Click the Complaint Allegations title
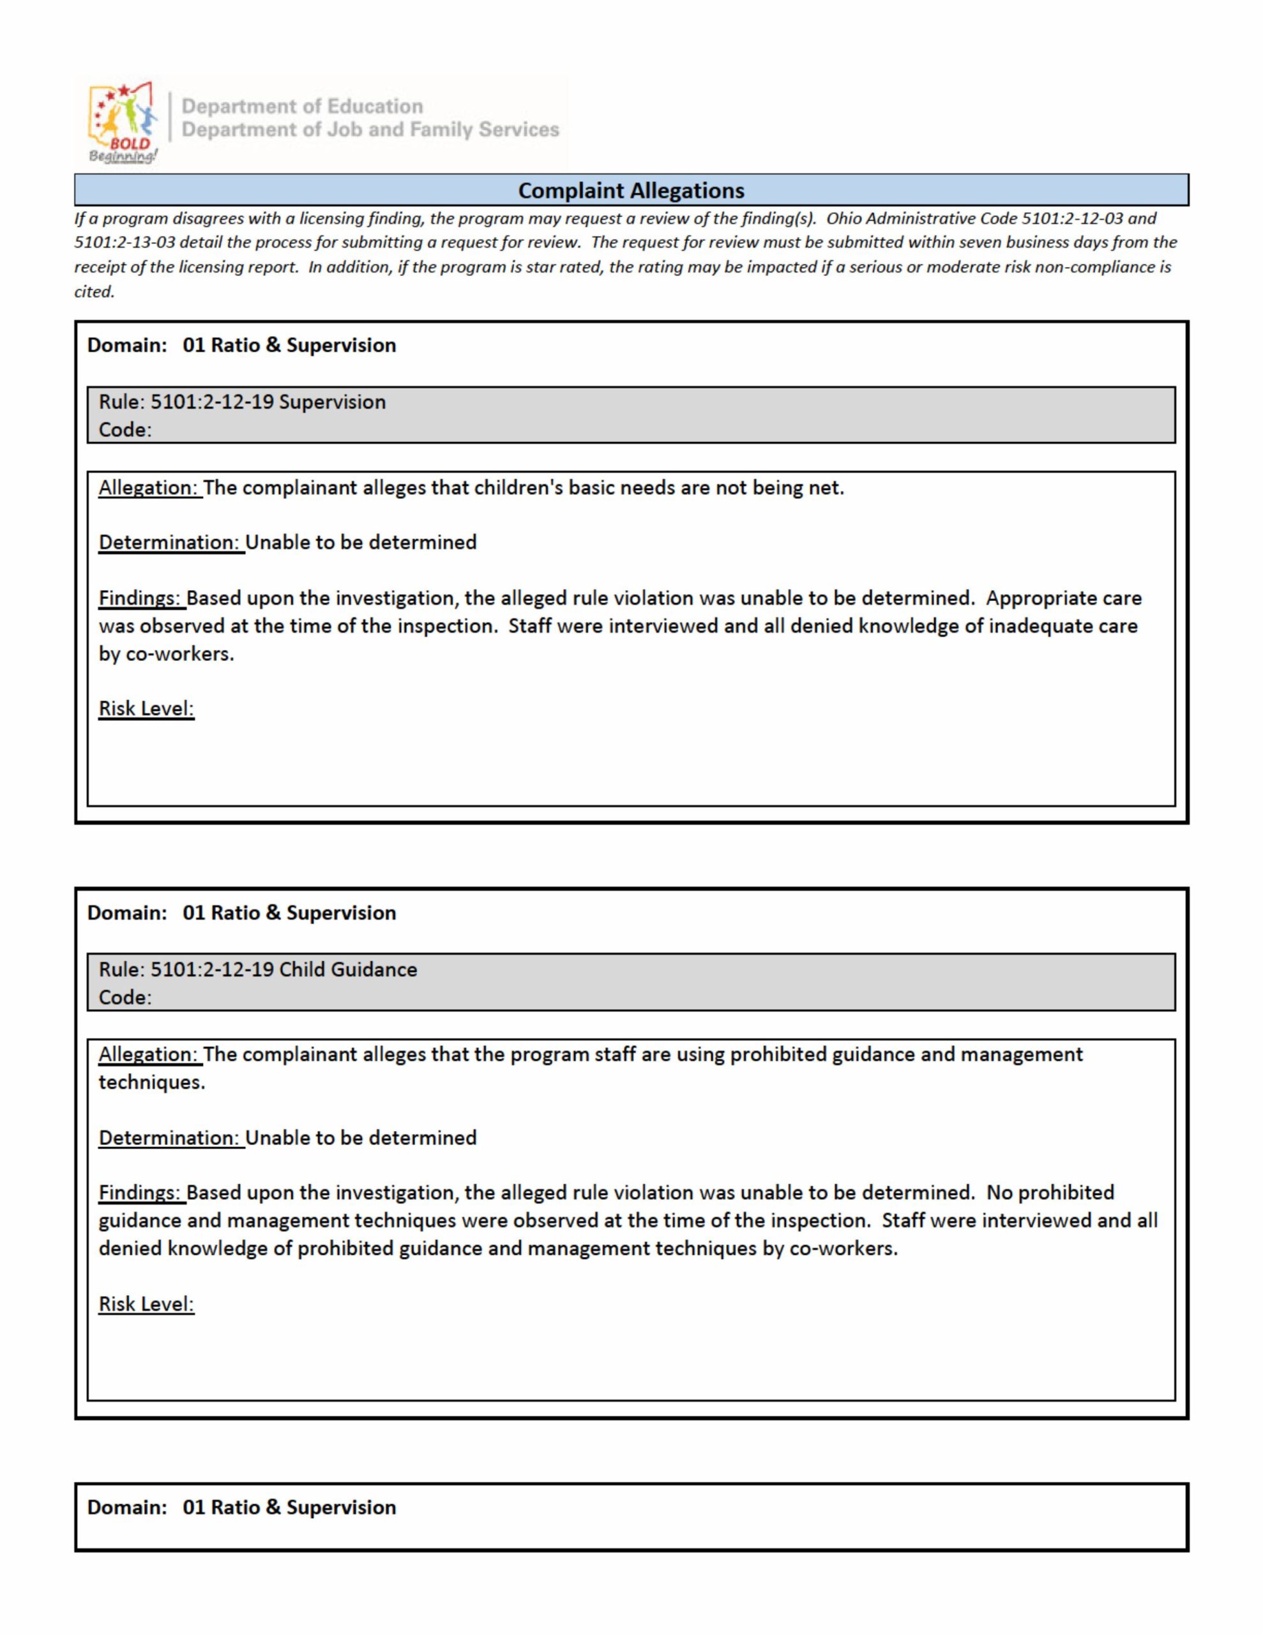631,191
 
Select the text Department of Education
303,106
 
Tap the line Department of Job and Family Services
370,130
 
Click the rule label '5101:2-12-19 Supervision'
268,402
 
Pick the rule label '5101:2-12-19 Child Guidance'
283,970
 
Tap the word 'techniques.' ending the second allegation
151,1083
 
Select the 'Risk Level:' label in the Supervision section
146,709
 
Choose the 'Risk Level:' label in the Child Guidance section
146,1304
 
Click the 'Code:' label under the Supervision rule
125,430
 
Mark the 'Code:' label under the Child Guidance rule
125,997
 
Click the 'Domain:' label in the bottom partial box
126,1507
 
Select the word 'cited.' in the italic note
95,292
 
